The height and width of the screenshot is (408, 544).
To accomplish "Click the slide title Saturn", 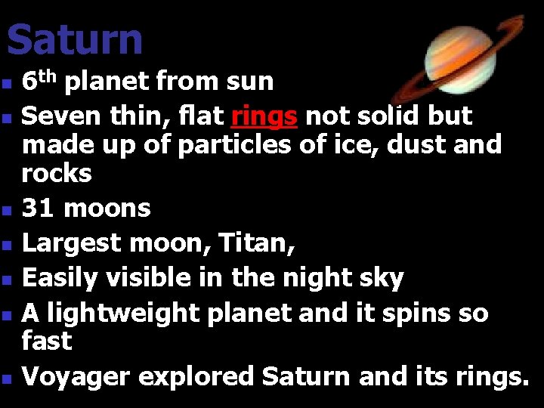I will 74,39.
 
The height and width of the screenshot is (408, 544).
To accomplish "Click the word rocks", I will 57,174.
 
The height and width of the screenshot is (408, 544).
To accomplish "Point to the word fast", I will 47,341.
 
